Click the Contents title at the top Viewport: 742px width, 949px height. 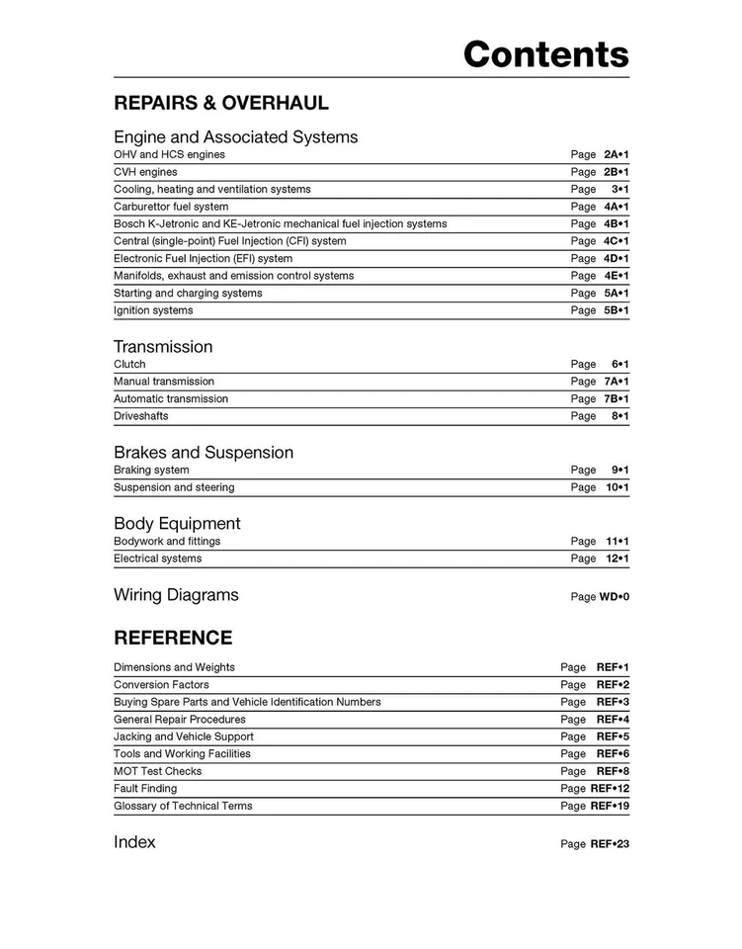point(545,54)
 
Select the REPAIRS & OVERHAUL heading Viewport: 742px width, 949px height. point(221,103)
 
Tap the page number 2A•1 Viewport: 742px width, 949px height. point(617,155)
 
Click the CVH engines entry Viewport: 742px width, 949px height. point(145,172)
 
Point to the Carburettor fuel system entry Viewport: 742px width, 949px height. point(171,207)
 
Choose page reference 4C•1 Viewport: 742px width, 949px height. point(617,241)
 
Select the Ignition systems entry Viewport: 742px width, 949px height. point(153,310)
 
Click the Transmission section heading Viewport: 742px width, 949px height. point(163,347)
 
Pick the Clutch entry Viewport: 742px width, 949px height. point(129,365)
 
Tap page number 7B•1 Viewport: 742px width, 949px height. point(617,399)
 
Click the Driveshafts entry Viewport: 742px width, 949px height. point(140,416)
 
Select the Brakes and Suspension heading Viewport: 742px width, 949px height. point(204,453)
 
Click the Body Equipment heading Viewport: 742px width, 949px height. point(177,524)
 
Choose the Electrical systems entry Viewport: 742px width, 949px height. point(157,559)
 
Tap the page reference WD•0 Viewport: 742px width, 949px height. point(614,597)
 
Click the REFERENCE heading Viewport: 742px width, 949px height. point(173,638)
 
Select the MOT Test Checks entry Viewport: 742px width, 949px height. point(157,771)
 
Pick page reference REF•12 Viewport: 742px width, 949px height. point(610,789)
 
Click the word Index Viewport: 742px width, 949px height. point(134,842)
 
